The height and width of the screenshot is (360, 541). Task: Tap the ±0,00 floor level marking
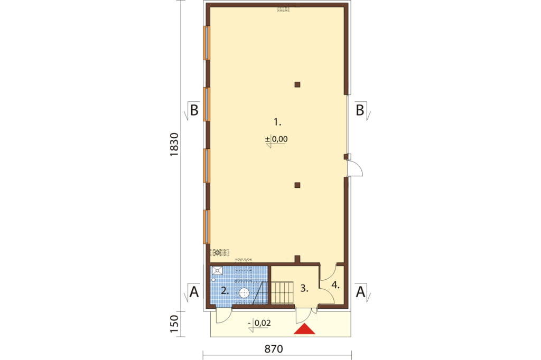[276, 139]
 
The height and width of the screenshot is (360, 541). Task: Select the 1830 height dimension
[174, 145]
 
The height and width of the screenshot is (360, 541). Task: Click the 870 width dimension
[274, 349]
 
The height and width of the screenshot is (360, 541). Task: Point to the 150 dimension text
[174, 324]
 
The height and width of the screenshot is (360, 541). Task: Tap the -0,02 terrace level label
[260, 324]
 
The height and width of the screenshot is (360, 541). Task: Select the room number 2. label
[225, 290]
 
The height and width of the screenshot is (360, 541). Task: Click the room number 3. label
[304, 288]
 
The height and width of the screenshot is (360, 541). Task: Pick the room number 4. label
[335, 285]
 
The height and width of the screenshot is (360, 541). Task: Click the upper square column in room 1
[297, 84]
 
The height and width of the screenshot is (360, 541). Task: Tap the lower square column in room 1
[297, 185]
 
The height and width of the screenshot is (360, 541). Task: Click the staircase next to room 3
[282, 292]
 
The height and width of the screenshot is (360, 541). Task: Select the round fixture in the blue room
[244, 293]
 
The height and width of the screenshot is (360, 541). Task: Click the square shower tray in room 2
[217, 270]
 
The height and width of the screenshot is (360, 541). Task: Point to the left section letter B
[194, 111]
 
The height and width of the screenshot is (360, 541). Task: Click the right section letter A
[360, 292]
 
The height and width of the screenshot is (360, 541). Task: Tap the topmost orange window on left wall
[207, 43]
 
